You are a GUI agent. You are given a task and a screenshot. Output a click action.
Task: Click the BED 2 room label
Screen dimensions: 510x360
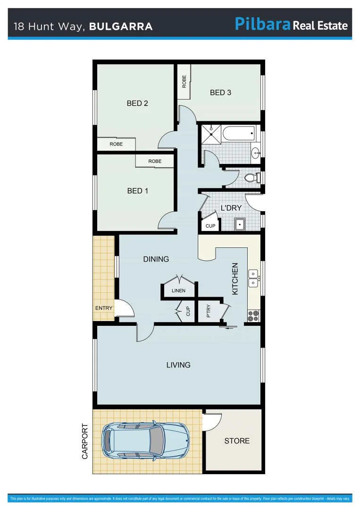[x=137, y=103]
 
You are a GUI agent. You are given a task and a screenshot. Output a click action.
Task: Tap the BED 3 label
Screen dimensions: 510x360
[x=220, y=93]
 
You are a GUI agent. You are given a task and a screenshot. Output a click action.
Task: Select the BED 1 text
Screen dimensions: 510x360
[x=138, y=191]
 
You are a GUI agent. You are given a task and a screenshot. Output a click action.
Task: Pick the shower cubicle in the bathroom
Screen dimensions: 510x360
[x=211, y=133]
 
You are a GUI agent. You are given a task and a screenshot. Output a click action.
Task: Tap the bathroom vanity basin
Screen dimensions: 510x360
[x=255, y=152]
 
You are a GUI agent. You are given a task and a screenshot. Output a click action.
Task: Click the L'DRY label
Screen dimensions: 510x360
[x=231, y=207]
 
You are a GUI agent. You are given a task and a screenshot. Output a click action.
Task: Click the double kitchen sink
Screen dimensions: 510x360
[x=253, y=278]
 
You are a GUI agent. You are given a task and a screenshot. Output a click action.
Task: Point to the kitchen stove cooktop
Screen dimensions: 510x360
[x=253, y=315]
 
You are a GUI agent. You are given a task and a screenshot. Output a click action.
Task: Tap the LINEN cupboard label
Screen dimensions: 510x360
[x=178, y=290]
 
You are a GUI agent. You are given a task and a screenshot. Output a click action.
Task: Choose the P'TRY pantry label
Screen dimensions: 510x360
[x=209, y=311]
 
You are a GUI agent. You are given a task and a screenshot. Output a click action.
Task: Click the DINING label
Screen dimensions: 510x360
[x=156, y=259]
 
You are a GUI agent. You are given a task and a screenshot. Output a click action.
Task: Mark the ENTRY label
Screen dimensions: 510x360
[x=104, y=308]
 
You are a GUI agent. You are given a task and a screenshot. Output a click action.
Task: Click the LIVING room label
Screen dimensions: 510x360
[x=178, y=365]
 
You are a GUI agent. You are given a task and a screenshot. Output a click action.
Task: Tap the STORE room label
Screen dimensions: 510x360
[x=237, y=441]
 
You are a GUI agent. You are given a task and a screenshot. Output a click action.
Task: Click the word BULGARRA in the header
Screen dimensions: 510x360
[x=121, y=26]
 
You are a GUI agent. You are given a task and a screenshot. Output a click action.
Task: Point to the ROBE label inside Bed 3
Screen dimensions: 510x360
[x=184, y=82]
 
